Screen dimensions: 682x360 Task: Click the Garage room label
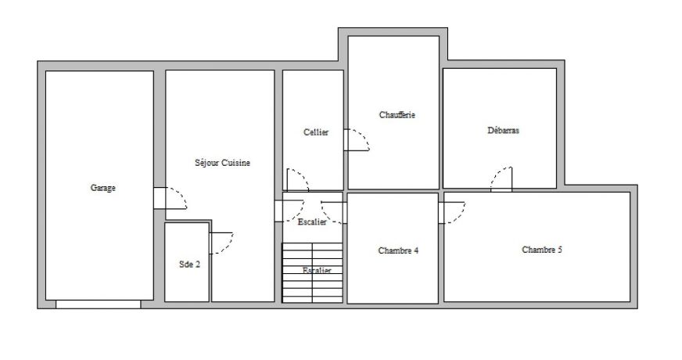point(103,188)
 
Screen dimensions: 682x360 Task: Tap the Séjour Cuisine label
point(222,163)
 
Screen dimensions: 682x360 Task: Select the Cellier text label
point(316,132)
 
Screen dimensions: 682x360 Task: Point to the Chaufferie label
point(397,115)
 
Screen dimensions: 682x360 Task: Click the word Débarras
point(503,130)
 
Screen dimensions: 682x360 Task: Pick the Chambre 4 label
point(398,250)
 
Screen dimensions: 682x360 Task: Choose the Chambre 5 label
point(542,250)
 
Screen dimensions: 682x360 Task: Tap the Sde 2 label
point(189,265)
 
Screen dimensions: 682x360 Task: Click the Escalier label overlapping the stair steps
point(317,271)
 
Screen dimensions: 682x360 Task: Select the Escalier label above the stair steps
point(312,222)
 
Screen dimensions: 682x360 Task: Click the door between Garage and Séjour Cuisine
point(170,198)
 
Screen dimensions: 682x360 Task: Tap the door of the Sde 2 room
point(221,243)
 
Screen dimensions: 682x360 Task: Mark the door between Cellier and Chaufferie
point(356,140)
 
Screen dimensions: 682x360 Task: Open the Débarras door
point(501,179)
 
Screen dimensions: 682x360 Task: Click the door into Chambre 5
point(451,212)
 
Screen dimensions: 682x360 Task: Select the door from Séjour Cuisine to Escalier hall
point(289,211)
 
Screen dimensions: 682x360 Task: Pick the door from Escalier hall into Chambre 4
point(334,213)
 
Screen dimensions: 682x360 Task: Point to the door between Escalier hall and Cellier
point(297,180)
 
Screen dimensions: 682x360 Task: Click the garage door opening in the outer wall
point(99,304)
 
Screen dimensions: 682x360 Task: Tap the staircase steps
point(312,272)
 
